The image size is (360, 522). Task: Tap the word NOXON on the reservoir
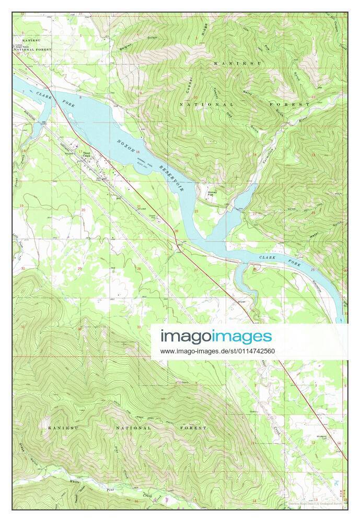[x=126, y=146]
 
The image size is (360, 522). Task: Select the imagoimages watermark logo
[x=216, y=336]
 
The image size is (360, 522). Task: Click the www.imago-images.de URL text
[x=217, y=351]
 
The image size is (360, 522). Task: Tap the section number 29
[x=79, y=268]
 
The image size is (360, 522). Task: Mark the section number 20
[x=83, y=210]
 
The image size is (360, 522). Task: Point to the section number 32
[x=79, y=329]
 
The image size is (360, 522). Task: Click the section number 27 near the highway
[x=196, y=269]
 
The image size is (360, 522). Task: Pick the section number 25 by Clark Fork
[x=312, y=270]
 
